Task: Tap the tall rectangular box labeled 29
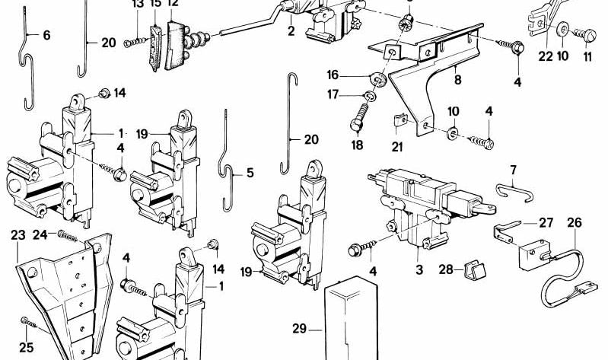coord(352,320)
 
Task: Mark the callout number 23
coord(18,236)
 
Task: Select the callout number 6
coord(46,35)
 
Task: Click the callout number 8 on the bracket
coord(457,77)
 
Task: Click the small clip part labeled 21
coord(398,119)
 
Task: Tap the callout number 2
coord(291,31)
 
